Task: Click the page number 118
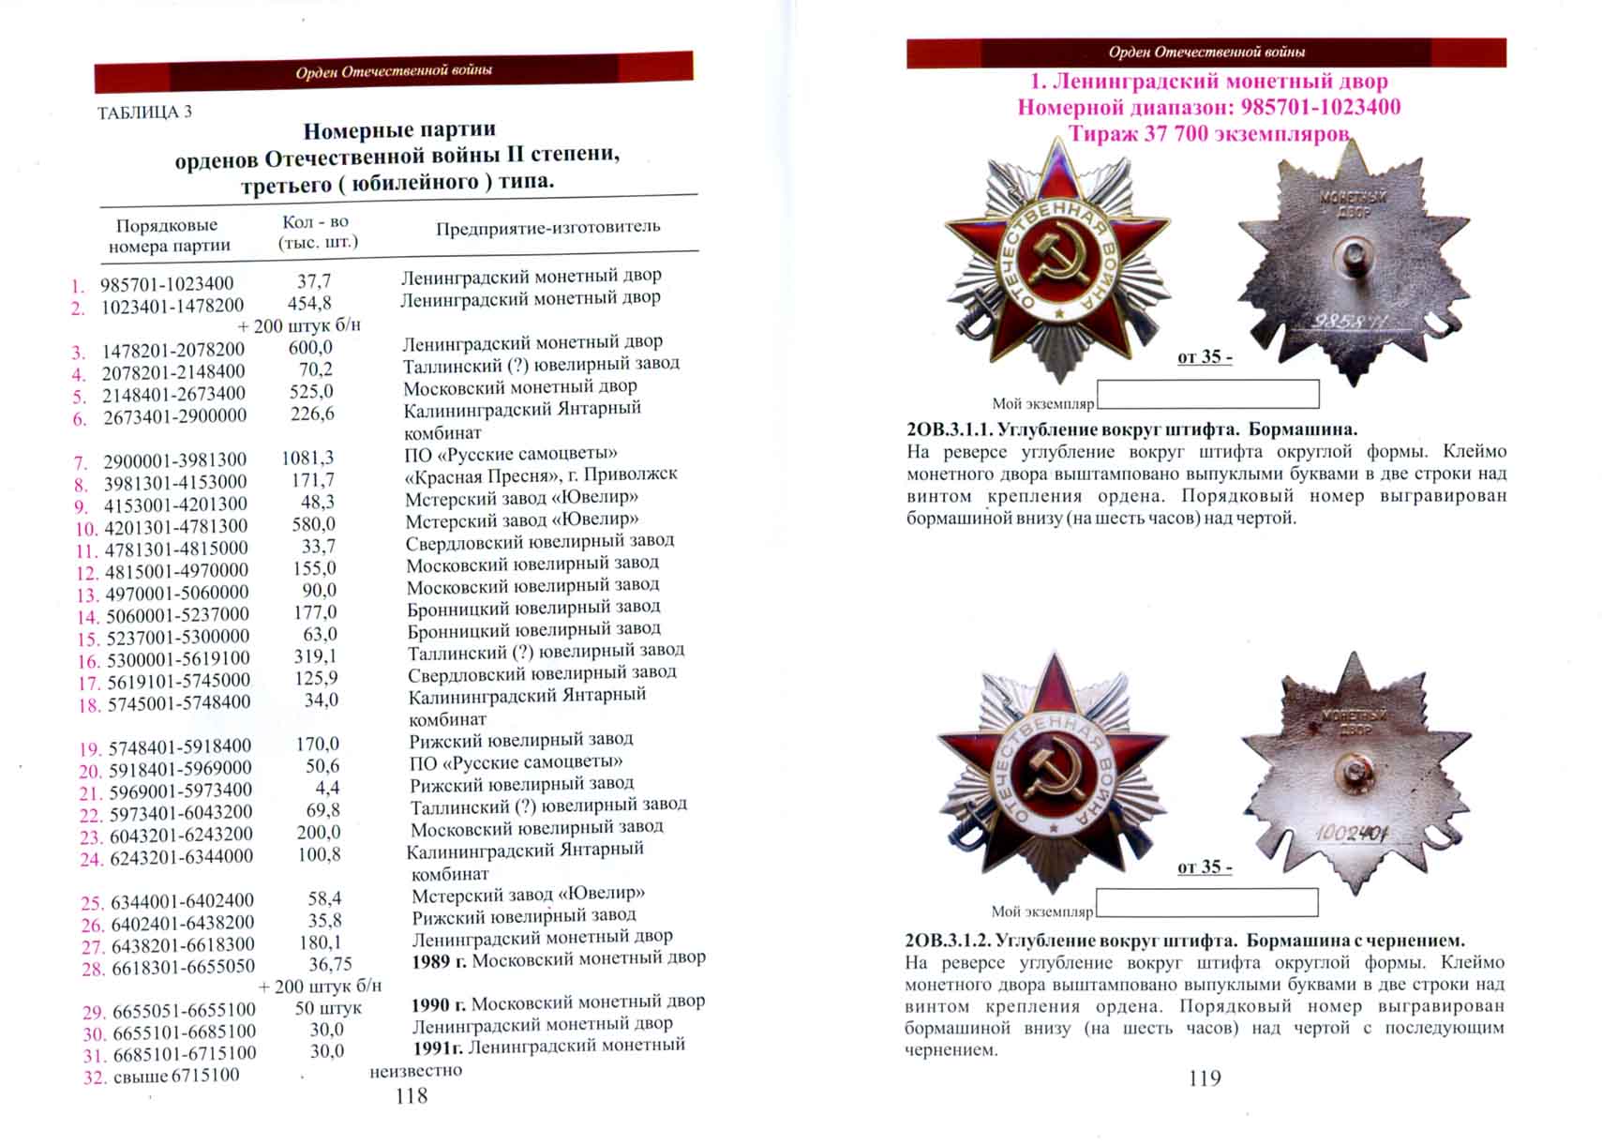[x=412, y=1095]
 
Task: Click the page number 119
[x=1205, y=1078]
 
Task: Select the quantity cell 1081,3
[x=307, y=458]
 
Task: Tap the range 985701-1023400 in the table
[x=167, y=283]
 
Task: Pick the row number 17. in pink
[x=89, y=683]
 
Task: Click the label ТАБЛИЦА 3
[x=144, y=113]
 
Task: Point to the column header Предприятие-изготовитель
[x=547, y=227]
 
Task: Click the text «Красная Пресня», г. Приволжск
[x=541, y=475]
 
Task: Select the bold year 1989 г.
[x=439, y=961]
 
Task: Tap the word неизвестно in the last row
[x=415, y=1070]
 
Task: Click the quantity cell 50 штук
[x=328, y=1008]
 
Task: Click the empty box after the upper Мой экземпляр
[x=1207, y=394]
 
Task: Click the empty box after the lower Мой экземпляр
[x=1206, y=902]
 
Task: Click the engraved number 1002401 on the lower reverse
[x=1352, y=832]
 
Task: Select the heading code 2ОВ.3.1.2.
[x=948, y=940]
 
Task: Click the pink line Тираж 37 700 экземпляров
[x=1208, y=134]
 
